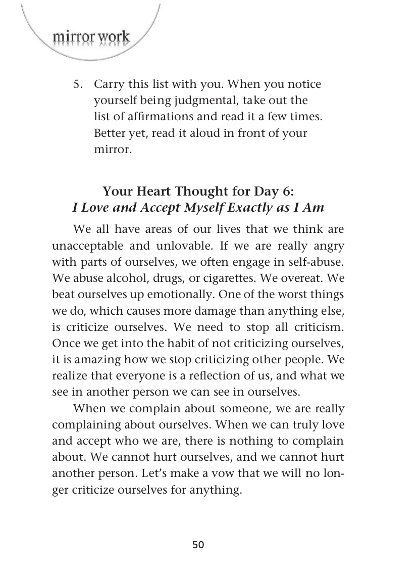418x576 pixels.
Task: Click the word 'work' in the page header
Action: pos(114,37)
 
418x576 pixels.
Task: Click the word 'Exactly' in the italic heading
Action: pos(251,207)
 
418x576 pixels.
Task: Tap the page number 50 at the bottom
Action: pos(198,545)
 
